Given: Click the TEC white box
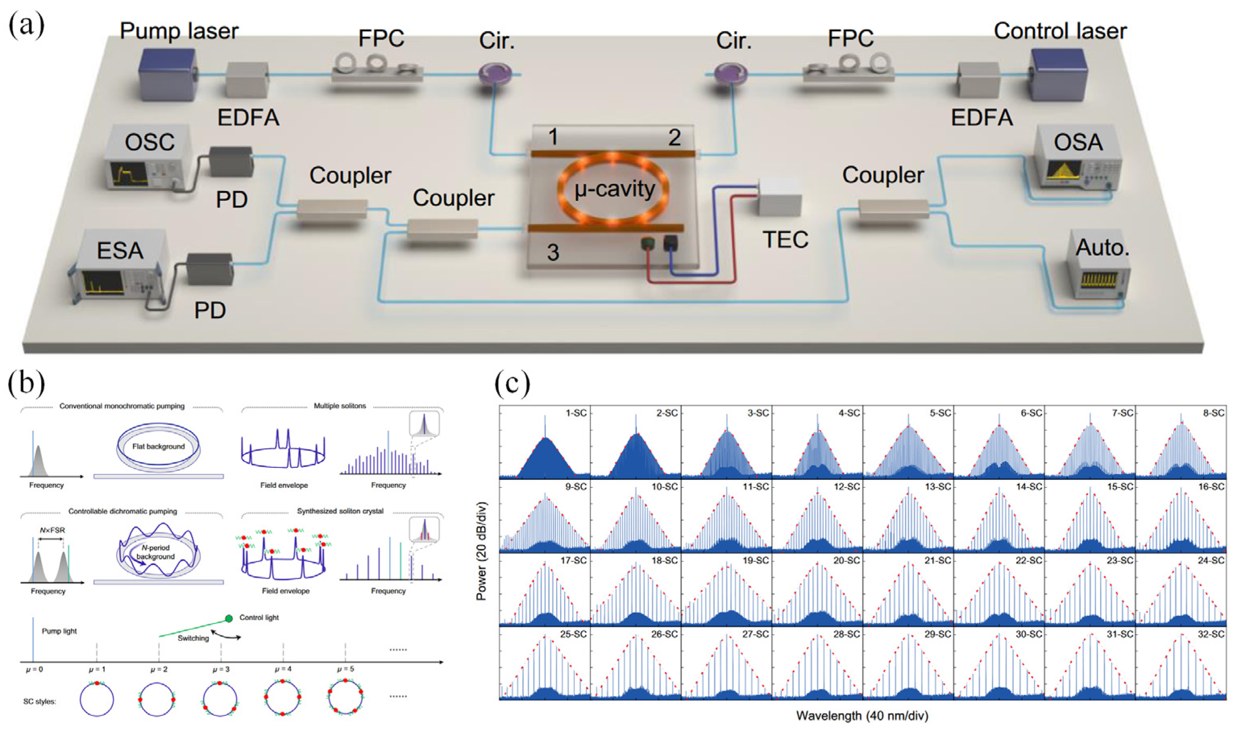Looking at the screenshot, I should click(x=779, y=197).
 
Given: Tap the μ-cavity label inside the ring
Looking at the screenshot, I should click(x=615, y=189).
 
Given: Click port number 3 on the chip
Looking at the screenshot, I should click(x=553, y=252).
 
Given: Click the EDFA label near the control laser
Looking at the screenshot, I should click(x=982, y=118).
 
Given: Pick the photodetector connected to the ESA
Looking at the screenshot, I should click(x=210, y=269).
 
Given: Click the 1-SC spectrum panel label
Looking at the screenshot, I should click(x=575, y=413).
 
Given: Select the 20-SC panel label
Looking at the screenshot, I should click(x=847, y=560).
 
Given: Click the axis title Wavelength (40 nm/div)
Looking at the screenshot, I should click(x=862, y=715).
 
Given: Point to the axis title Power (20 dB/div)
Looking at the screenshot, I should click(x=481, y=551).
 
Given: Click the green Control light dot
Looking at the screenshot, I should click(x=229, y=618).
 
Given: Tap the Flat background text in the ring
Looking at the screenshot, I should click(x=158, y=446).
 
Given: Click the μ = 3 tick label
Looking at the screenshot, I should click(x=221, y=669).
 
